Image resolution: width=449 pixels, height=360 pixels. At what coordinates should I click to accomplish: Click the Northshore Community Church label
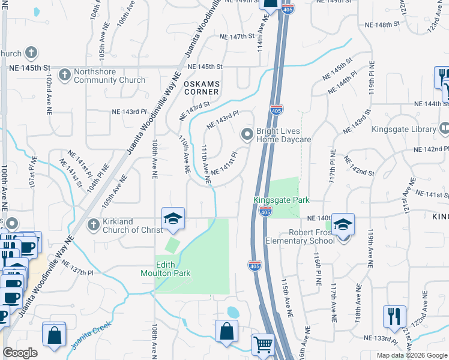pos(109,76)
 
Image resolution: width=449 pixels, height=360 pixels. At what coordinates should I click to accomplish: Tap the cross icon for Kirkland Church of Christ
pos(93,224)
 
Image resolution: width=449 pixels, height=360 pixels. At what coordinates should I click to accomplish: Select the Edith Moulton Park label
pos(173,269)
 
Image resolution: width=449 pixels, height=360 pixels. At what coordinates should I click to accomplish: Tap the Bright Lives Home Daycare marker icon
pos(246,134)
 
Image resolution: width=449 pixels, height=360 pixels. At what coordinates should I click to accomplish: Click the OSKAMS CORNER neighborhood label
pos(201,88)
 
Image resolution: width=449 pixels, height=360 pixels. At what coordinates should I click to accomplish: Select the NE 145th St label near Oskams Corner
pos(205,66)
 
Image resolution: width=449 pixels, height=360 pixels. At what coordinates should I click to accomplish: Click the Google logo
pos(20,353)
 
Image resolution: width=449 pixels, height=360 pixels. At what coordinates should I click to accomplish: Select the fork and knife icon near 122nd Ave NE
pos(394,316)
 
